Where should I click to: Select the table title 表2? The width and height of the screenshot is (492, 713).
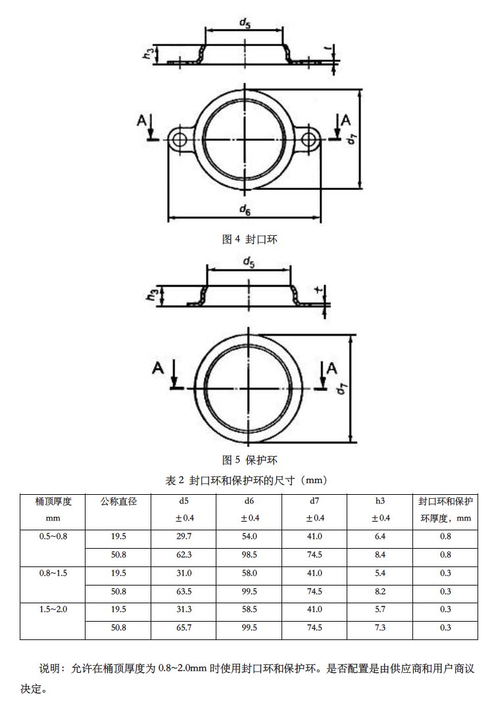246,480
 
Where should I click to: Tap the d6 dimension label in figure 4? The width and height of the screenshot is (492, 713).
245,210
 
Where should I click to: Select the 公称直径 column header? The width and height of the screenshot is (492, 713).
118,502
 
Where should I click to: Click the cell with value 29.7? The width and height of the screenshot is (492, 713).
184,537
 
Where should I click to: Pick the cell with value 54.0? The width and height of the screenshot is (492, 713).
249,537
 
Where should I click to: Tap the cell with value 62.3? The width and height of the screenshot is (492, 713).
184,555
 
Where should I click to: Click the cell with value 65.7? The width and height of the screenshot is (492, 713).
184,628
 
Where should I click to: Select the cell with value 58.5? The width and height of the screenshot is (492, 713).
249,610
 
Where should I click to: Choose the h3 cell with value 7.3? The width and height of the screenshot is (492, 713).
380,628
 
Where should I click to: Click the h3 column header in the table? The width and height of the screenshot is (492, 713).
380,502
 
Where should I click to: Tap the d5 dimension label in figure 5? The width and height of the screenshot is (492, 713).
249,262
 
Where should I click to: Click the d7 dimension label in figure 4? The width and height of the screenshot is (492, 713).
353,139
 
